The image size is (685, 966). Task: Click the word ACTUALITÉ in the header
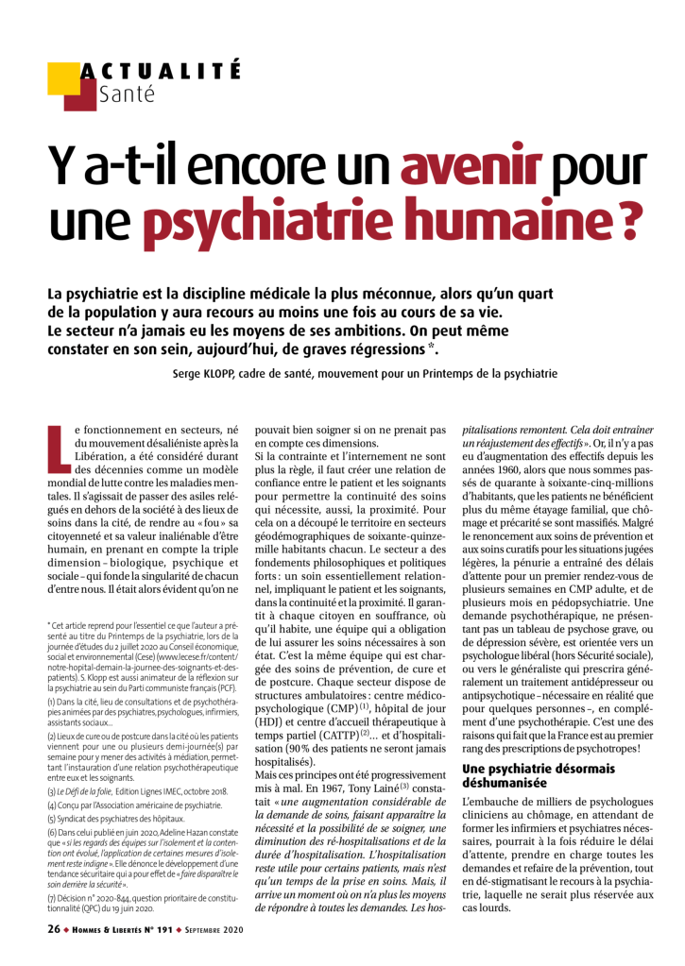(161, 71)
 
